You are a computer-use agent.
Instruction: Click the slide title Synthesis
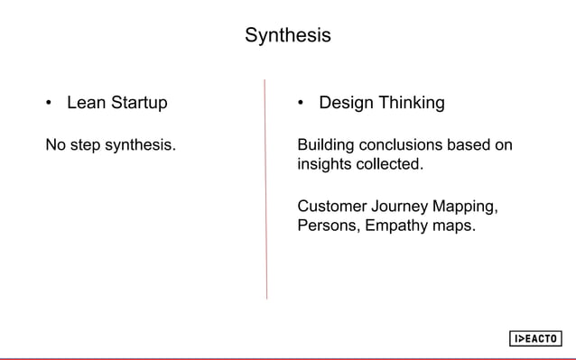tap(288, 37)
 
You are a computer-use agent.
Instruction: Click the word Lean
tap(87, 103)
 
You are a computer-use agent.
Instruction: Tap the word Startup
tap(139, 103)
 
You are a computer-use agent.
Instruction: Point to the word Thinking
tap(412, 103)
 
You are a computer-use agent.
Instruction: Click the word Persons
tap(328, 226)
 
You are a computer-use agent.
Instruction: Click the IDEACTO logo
tap(535, 338)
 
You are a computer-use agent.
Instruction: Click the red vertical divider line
tap(265, 189)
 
